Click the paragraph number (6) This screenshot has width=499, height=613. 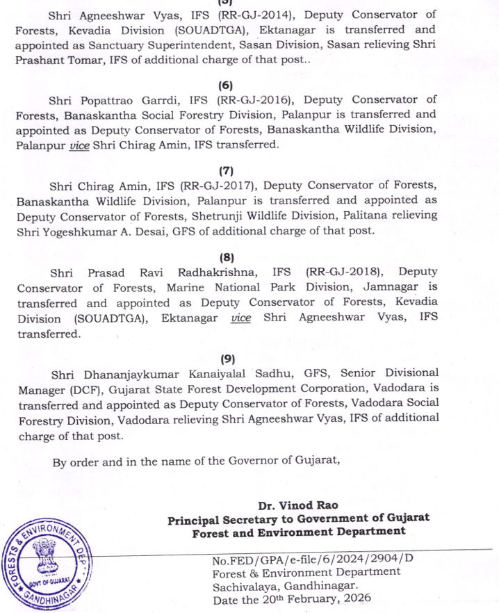226,85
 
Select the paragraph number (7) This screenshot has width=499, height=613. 226,170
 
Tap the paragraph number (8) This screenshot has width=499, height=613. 226,256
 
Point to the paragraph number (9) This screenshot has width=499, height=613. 226,359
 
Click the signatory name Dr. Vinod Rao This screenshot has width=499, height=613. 297,505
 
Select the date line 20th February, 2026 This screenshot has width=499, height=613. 291,598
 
